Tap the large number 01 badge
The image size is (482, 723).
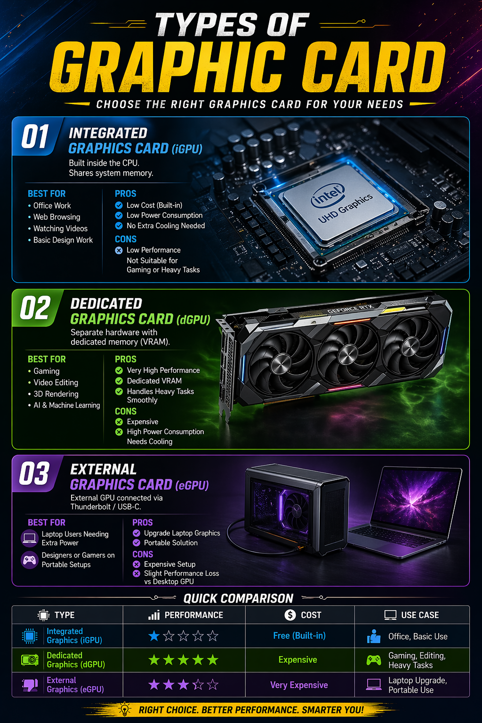pyautogui.click(x=35, y=137)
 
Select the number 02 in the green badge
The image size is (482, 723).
pyautogui.click(x=35, y=309)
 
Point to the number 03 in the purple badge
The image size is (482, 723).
pyautogui.click(x=34, y=474)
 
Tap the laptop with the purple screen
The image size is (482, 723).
pyautogui.click(x=409, y=508)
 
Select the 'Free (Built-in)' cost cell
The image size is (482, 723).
pyautogui.click(x=299, y=636)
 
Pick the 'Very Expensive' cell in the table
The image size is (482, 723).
pyautogui.click(x=299, y=685)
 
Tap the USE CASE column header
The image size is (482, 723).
pyautogui.click(x=412, y=615)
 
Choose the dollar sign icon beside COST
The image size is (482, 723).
pyautogui.click(x=290, y=615)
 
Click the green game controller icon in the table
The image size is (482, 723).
pyautogui.click(x=374, y=660)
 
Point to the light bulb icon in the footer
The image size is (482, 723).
pyautogui.click(x=124, y=709)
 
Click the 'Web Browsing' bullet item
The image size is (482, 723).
pyautogui.click(x=56, y=217)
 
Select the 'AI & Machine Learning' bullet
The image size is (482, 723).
pyautogui.click(x=66, y=405)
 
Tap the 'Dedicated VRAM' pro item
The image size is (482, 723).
pyautogui.click(x=154, y=381)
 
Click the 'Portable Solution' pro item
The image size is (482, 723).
pyautogui.click(x=170, y=543)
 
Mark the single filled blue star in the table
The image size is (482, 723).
pyautogui.click(x=154, y=636)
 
